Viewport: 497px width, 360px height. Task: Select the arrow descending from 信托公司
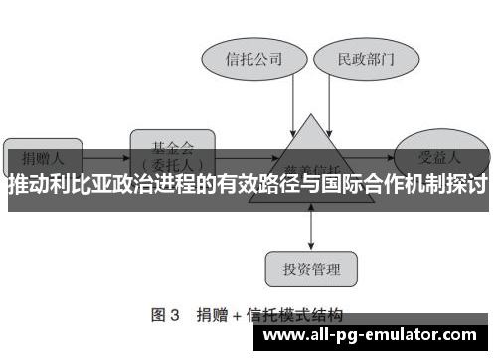[294, 103]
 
